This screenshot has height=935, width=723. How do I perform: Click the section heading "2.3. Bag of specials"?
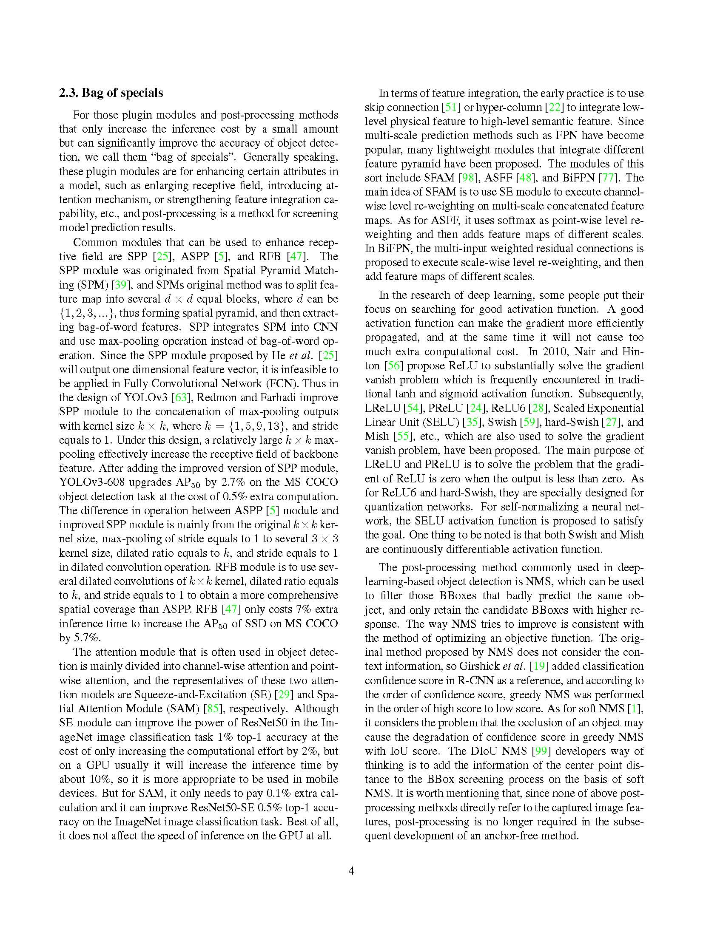111,93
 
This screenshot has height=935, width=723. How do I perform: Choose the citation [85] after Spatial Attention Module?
213,708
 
